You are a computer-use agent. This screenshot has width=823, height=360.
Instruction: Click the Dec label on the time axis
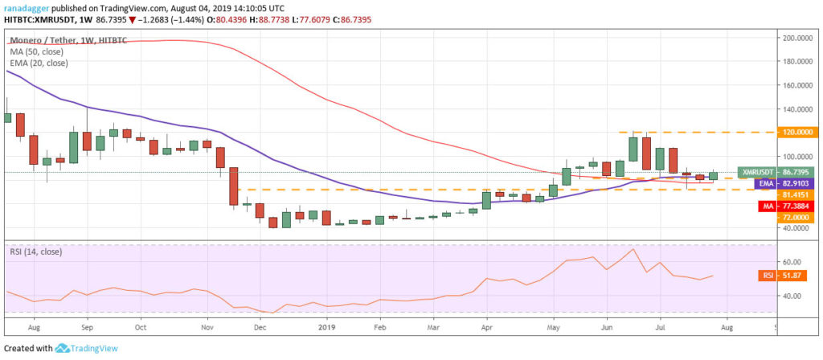click(x=260, y=328)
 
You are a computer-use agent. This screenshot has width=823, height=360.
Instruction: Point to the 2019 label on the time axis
click(x=327, y=328)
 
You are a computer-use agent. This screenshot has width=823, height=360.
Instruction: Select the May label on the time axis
click(x=555, y=328)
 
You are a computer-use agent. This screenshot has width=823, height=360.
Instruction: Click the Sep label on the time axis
click(x=88, y=328)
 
